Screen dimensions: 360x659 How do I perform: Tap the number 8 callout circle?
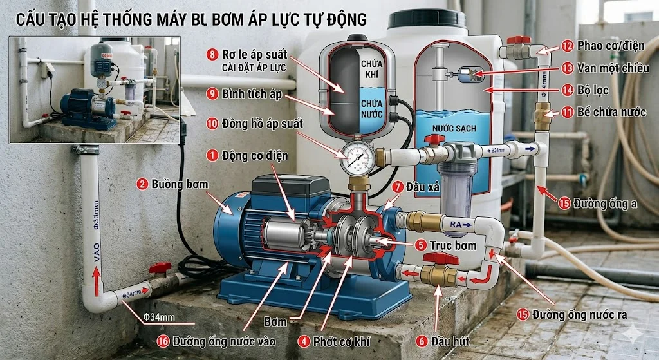click(x=210, y=53)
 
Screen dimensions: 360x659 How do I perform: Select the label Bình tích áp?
click(x=252, y=94)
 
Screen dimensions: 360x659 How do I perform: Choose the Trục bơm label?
click(x=454, y=245)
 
